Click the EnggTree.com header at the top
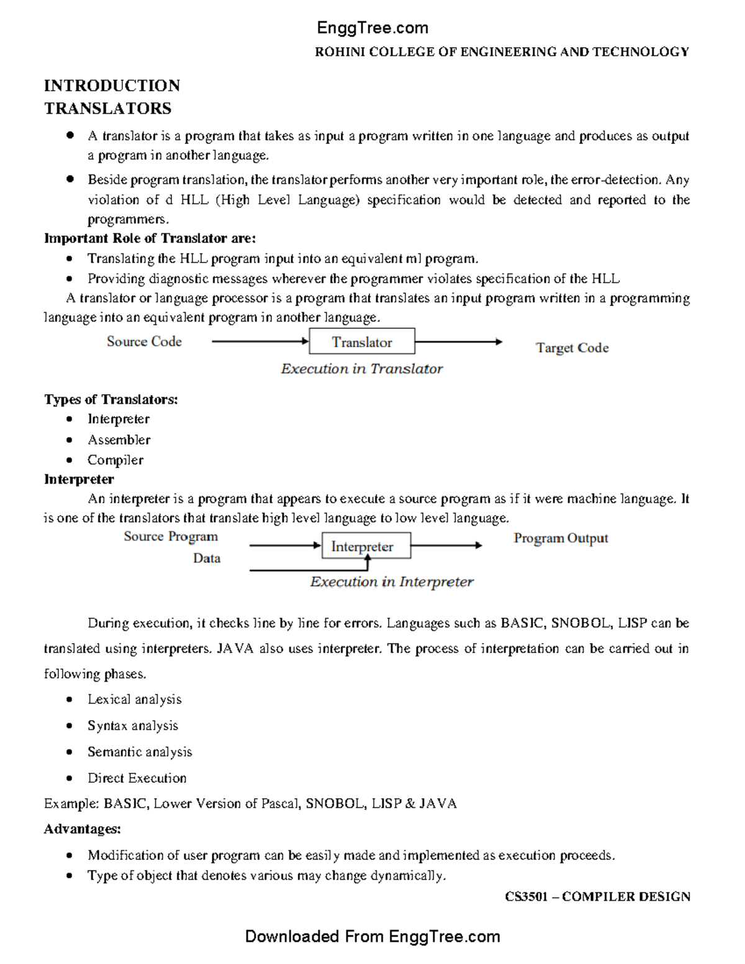pos(372,28)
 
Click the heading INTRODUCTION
pos(112,86)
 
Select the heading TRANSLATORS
pos(107,109)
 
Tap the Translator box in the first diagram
pos(362,342)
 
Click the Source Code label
pos(144,341)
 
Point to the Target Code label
pos(572,348)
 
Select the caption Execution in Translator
pos(361,369)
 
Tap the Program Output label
pos(561,538)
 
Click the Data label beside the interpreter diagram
pos(207,558)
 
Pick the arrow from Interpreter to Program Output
pos(446,546)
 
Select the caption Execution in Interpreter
pos(391,582)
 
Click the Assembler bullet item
pos(119,439)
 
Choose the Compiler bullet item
pos(115,460)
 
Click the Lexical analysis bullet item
pos(134,700)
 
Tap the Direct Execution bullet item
pos(137,778)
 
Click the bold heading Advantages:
pos(82,829)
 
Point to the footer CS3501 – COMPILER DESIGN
pos(597,896)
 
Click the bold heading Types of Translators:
pos(111,399)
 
